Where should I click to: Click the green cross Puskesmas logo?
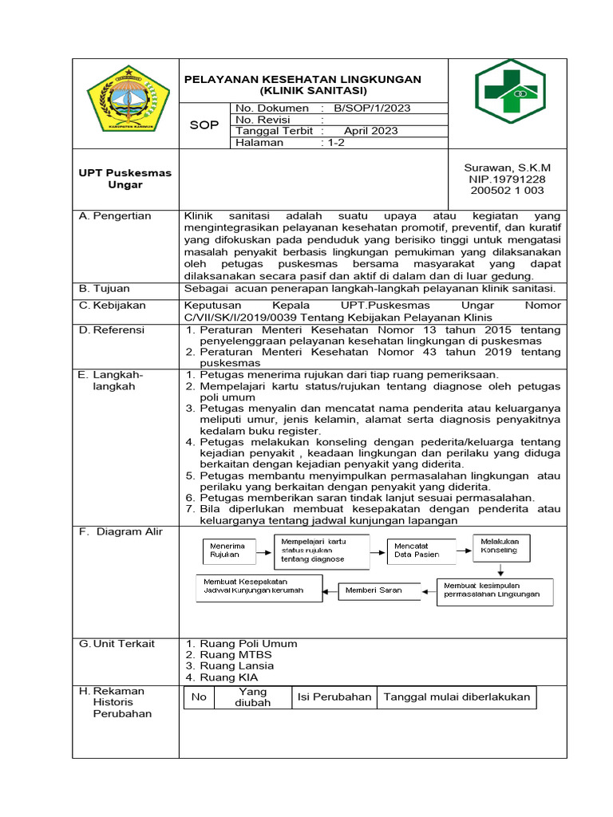point(510,91)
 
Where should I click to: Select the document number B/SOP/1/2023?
point(372,108)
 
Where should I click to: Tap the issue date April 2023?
point(370,131)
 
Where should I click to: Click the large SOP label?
point(204,124)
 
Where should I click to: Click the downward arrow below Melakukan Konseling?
point(500,570)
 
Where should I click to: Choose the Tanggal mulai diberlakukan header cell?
point(457,697)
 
